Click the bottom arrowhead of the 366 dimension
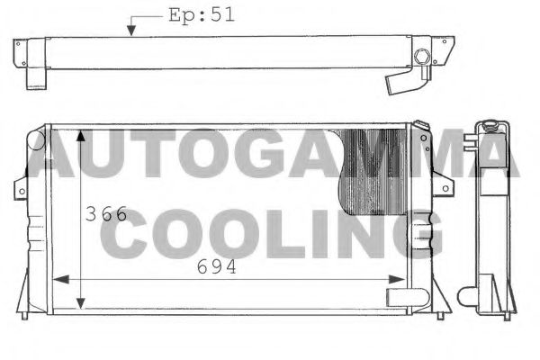coord(82,302)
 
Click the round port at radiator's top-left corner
coord(36,139)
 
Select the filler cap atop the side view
coord(488,123)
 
